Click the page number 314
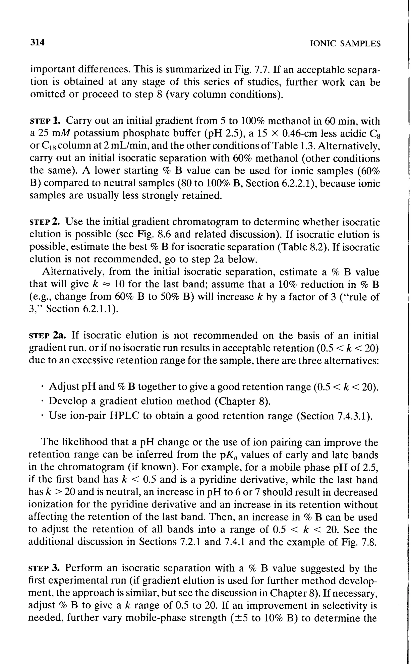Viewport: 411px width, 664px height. (x=37, y=43)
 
